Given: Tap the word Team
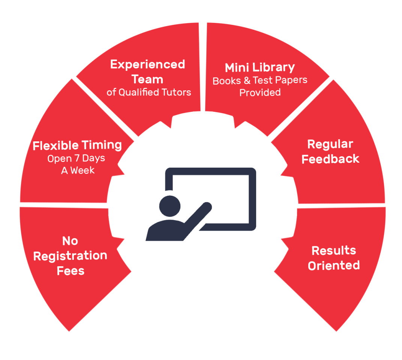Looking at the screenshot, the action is point(147,79).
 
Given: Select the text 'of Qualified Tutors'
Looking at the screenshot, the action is point(149,92).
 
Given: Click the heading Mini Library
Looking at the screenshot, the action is point(260,68).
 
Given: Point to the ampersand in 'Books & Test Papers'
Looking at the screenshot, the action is point(247,81).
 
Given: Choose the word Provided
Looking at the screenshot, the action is point(260,93).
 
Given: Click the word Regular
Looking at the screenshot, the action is point(330,145).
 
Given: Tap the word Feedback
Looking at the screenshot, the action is point(330,159).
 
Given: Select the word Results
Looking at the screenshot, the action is point(334,250).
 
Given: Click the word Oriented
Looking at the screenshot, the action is point(334,265).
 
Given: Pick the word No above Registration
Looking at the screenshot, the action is point(70,241).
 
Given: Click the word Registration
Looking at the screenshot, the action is point(70,256).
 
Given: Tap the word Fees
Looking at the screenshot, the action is point(70,271).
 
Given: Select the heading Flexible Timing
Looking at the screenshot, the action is point(77,145).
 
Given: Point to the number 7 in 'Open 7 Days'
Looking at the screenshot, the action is point(77,159).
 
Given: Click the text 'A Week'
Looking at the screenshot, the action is point(78,171).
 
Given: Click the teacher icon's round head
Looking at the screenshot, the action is point(170,206).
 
